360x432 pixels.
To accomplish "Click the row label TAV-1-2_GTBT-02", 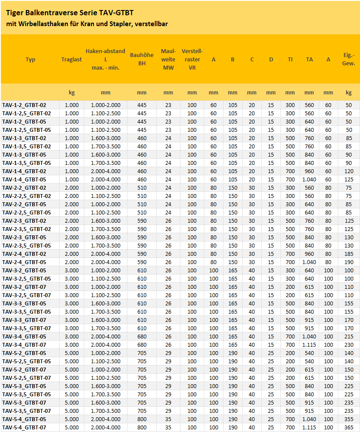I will tap(24, 105).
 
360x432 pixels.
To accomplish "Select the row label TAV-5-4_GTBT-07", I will tap(24, 428).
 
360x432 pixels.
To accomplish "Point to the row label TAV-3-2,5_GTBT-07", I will tap(27, 295).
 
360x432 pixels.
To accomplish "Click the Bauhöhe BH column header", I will tap(142, 59).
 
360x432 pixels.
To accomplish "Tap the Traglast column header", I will tap(72, 60).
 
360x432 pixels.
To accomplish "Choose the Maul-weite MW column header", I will tap(168, 59).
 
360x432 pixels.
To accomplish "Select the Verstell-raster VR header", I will tap(192, 59).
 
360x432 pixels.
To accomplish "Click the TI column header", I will tap(290, 60).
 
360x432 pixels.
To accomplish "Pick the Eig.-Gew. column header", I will tap(349, 59).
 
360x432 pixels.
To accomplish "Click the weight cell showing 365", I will tap(349, 428).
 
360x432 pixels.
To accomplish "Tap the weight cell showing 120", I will tap(349, 171).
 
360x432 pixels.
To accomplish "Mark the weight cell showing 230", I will tap(349, 345).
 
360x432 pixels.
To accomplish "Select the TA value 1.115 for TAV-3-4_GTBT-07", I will tap(309, 345).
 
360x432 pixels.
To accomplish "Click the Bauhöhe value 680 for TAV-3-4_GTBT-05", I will tap(142, 336).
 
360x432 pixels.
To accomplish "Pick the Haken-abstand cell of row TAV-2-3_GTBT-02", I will tap(106, 221).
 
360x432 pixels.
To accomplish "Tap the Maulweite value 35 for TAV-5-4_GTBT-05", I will tap(168, 419).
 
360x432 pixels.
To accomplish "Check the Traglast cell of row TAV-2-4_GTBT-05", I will tap(72, 262).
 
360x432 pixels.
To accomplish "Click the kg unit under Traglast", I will tap(72, 92).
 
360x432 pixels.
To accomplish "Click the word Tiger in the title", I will tap(15, 13).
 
